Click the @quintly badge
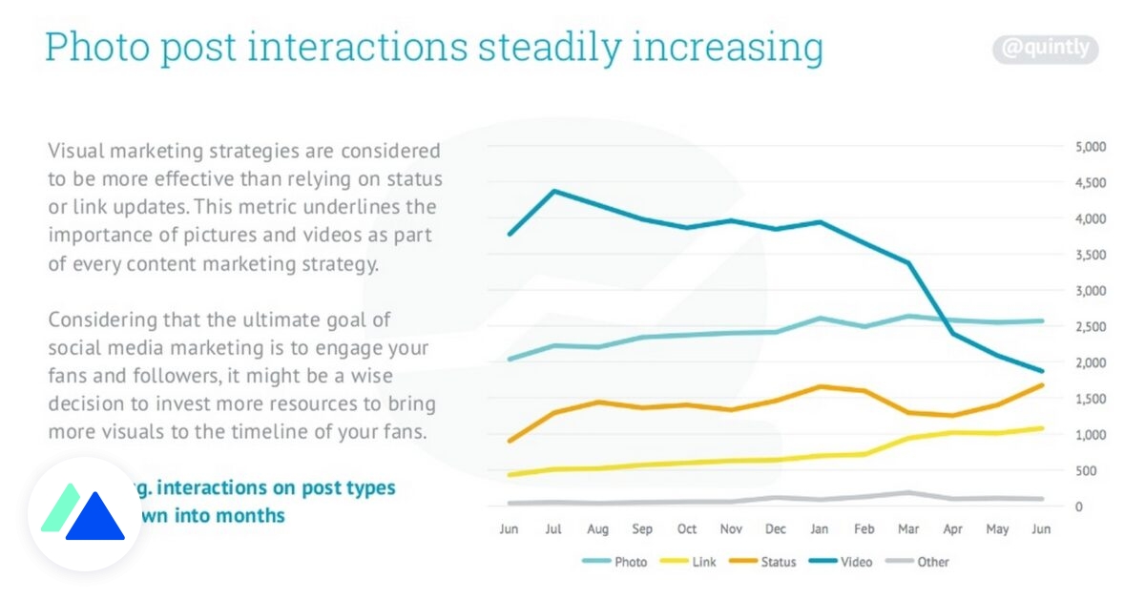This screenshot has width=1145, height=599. pyautogui.click(x=1046, y=49)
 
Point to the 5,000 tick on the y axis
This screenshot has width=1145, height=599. pyautogui.click(x=1090, y=147)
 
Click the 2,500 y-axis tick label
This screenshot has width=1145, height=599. pyautogui.click(x=1090, y=327)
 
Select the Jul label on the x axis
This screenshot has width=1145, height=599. pyautogui.click(x=552, y=528)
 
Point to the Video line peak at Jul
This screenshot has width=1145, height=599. pyautogui.click(x=553, y=191)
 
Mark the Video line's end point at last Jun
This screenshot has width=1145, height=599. pyautogui.click(x=1041, y=371)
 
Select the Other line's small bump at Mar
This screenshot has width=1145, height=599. pyautogui.click(x=907, y=493)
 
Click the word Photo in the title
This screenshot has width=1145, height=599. pyautogui.click(x=97, y=48)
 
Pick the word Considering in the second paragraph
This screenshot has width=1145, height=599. pyautogui.click(x=105, y=320)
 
